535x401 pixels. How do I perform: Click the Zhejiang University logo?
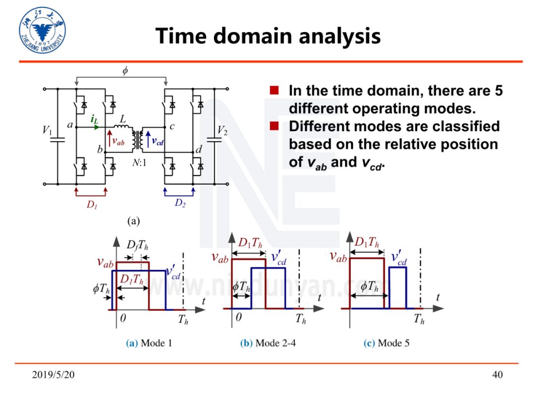[x=42, y=31]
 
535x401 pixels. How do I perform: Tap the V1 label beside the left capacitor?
[x=47, y=131]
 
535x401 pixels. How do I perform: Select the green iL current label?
[x=94, y=119]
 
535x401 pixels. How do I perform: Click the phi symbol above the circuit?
[x=125, y=71]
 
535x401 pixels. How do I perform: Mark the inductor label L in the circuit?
[x=123, y=119]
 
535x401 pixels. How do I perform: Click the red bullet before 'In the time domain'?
[x=274, y=91]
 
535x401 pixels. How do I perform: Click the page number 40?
[x=497, y=375]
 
